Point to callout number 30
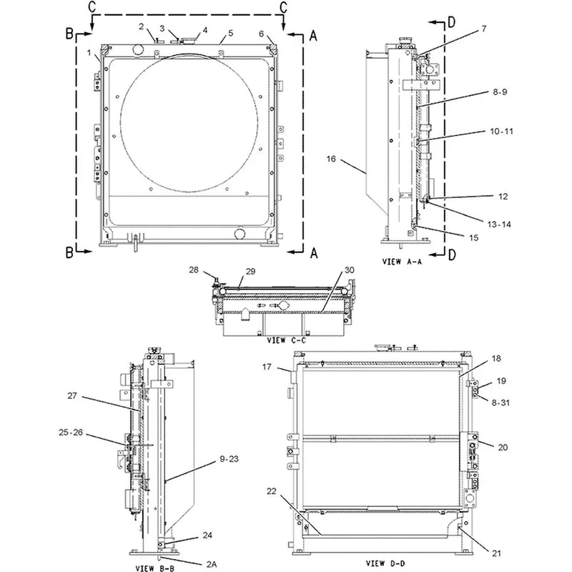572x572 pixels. tap(348, 270)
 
